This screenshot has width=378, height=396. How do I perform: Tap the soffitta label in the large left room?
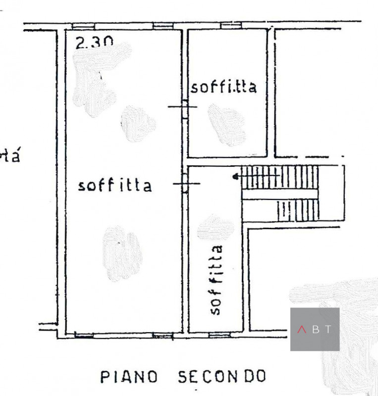point(115,186)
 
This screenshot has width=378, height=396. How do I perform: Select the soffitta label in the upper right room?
point(224,87)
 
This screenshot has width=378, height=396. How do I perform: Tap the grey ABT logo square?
point(315,329)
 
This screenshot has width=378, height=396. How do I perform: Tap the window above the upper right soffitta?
point(230,25)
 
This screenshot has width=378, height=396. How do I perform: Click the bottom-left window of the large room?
point(84,336)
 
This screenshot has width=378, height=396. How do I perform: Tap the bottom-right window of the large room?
point(162,336)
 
